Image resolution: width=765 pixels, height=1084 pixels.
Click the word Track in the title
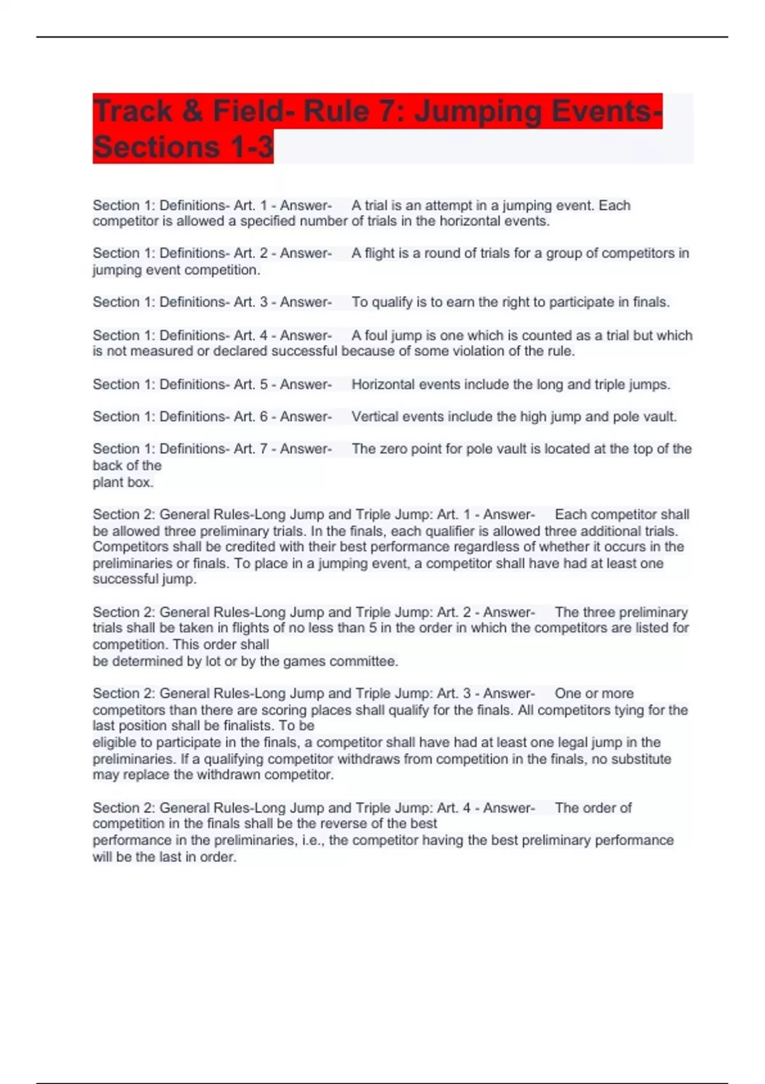click(133, 111)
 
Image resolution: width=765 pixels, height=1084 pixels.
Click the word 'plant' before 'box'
click(106, 483)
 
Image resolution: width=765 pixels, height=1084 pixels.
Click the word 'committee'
click(365, 661)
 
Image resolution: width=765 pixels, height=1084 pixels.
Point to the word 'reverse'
click(344, 824)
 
